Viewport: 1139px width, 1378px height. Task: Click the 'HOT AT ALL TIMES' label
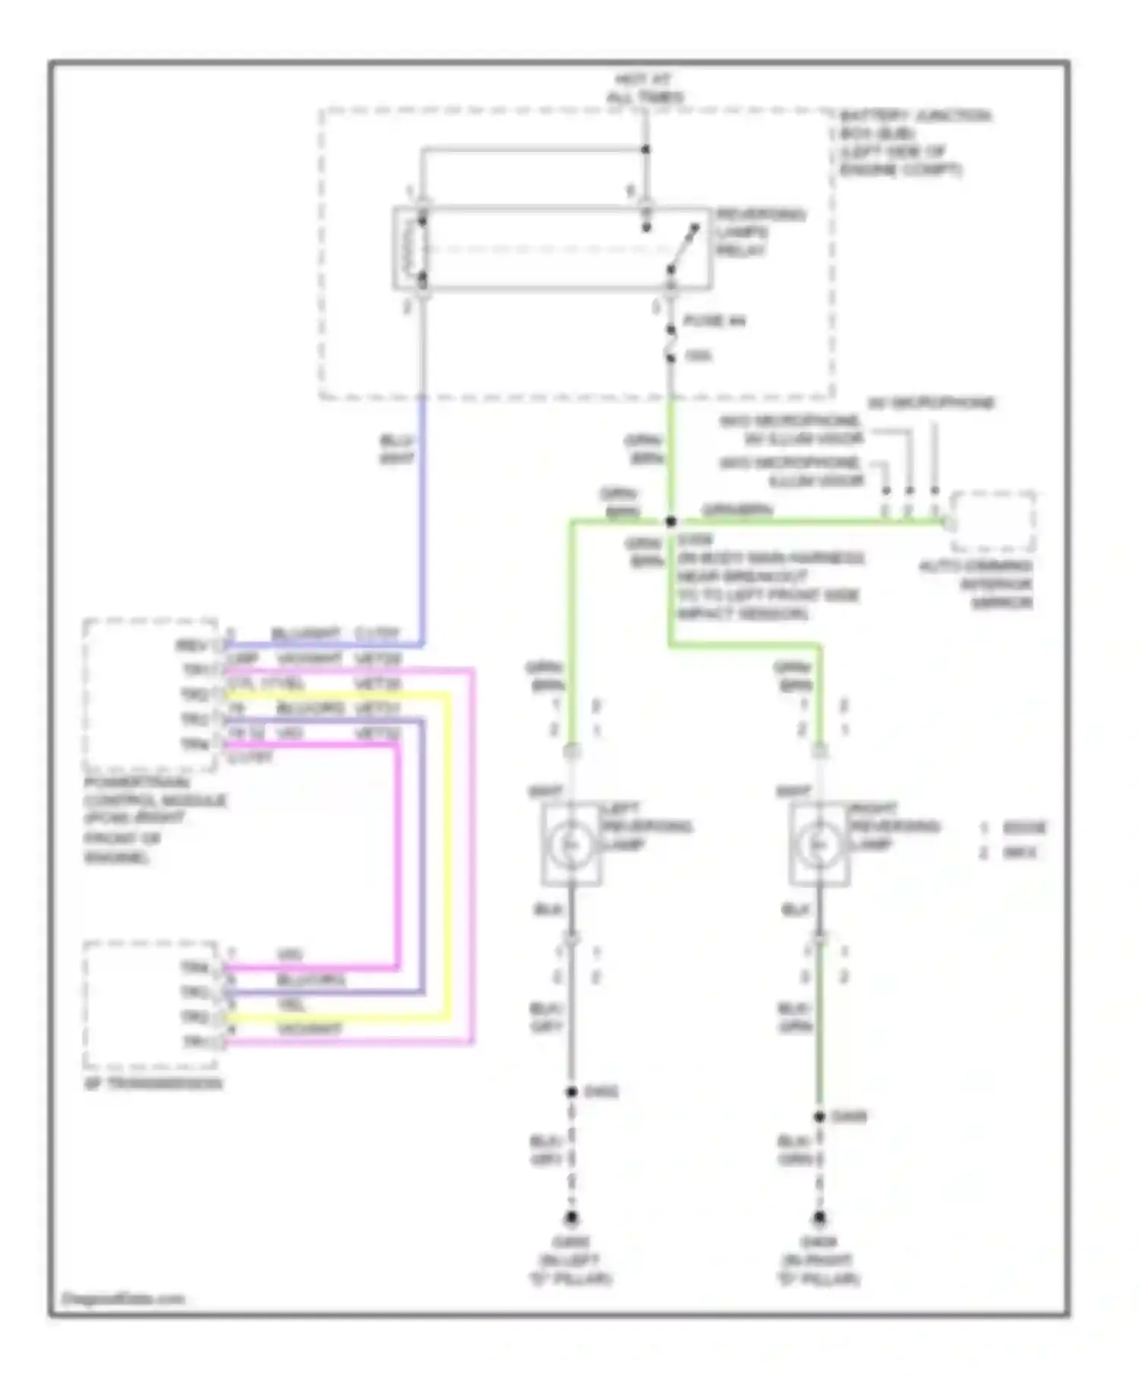pos(645,88)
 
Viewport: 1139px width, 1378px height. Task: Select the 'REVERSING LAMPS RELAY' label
pos(760,232)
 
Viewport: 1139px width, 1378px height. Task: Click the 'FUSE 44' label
pos(714,321)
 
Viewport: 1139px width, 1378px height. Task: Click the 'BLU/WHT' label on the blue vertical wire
pos(396,450)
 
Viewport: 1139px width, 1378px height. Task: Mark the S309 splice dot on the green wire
pos(670,522)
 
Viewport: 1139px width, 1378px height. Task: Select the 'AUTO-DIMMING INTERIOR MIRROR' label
pos(977,584)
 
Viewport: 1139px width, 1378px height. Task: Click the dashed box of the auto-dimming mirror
pos(994,522)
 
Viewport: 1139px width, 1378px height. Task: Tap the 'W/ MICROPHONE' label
pos(930,403)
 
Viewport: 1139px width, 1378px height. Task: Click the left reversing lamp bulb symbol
pos(569,844)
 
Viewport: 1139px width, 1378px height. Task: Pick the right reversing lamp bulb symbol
pos(818,844)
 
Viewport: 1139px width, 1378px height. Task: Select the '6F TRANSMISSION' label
pos(153,1083)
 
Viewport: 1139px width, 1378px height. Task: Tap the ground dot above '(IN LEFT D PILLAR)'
pos(571,1218)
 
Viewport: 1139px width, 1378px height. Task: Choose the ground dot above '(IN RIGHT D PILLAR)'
pos(819,1218)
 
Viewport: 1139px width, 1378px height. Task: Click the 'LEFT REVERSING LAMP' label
pos(646,826)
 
